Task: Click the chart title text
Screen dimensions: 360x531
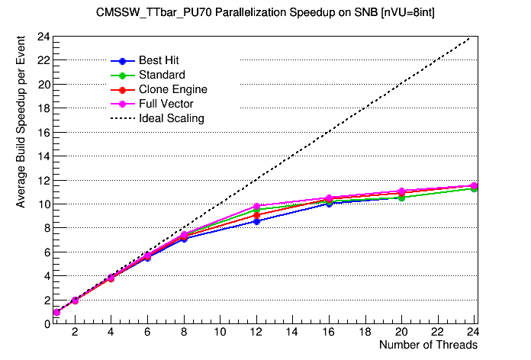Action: coord(265,13)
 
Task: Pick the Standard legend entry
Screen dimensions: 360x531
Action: coord(162,75)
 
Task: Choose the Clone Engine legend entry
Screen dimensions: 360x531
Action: coord(172,89)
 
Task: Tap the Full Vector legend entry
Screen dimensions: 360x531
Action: coord(166,104)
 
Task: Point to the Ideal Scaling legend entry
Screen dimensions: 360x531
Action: coord(171,118)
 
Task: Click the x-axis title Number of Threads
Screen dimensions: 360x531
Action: coord(428,345)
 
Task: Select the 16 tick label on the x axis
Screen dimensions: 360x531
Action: coord(329,332)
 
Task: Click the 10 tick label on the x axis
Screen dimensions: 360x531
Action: coord(220,332)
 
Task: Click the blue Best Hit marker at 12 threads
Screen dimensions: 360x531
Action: coord(256,221)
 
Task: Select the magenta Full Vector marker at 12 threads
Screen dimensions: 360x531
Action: coord(256,207)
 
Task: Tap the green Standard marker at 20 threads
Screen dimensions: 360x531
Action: coord(401,198)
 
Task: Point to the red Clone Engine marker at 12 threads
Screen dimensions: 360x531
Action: coord(256,215)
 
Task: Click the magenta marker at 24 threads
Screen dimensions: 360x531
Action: coord(474,185)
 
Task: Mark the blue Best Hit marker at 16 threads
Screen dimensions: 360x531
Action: coord(329,204)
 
